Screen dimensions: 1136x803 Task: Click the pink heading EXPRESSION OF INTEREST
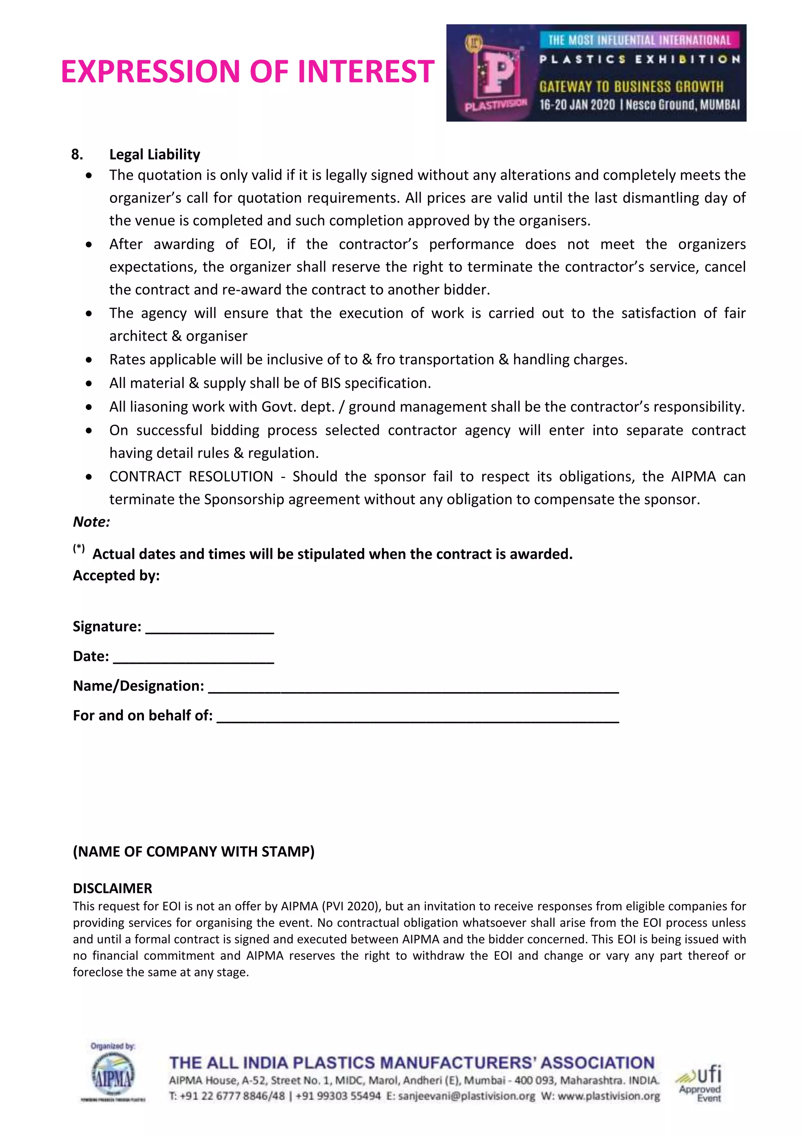tap(247, 71)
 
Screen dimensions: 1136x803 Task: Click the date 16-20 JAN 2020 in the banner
tap(577, 105)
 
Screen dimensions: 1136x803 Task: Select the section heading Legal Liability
tap(154, 154)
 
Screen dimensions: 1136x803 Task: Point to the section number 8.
tap(77, 154)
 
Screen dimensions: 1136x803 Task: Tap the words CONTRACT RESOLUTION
tap(191, 476)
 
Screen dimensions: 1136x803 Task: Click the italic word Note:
tap(91, 522)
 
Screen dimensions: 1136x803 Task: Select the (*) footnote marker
tap(79, 548)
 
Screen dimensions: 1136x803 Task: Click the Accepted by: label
tap(116, 575)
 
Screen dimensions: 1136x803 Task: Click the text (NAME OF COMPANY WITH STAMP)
tap(193, 851)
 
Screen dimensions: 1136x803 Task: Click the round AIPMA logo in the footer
tap(113, 1075)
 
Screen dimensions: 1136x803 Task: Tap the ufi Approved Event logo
tap(699, 1083)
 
